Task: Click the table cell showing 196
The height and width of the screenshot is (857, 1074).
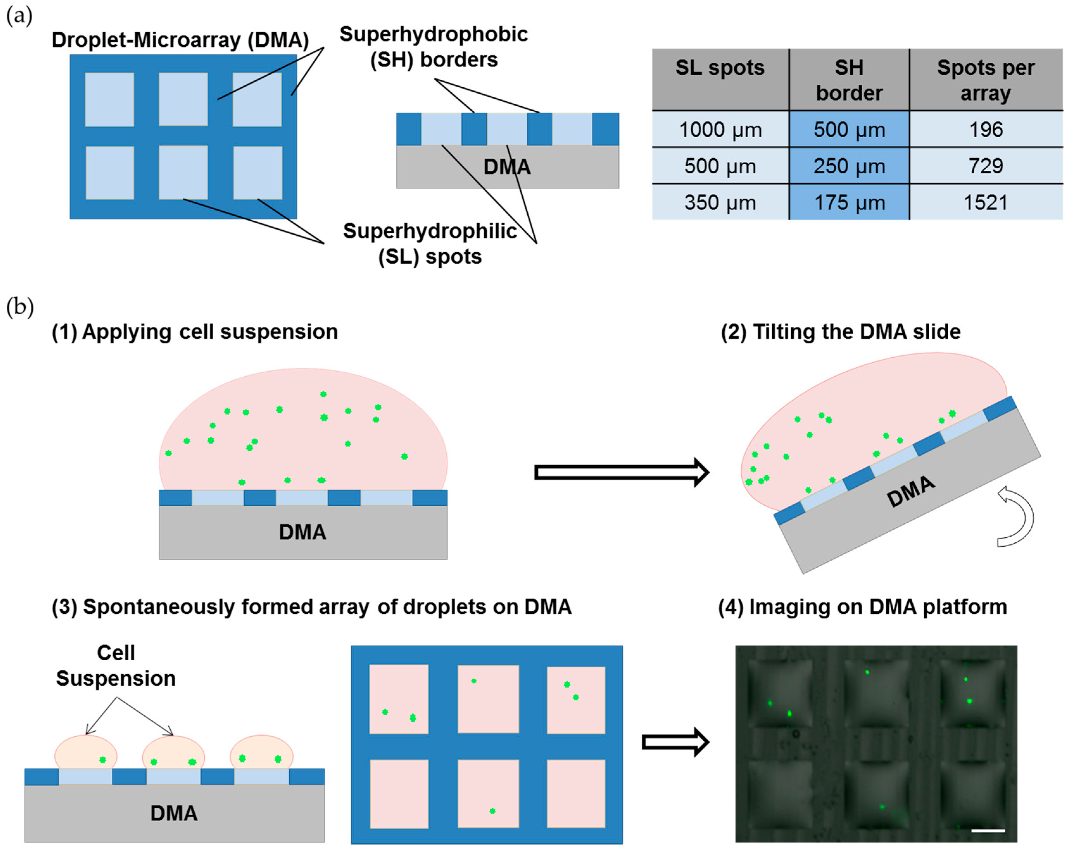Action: tap(985, 129)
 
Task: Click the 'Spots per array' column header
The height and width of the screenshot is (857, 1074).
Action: tap(985, 80)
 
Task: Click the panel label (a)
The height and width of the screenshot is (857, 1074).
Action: tap(19, 16)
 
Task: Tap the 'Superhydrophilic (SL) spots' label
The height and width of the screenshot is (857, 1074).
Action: tap(430, 244)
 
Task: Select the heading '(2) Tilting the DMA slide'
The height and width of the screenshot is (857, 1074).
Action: tap(840, 331)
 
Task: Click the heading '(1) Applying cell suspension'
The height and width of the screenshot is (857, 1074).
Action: tap(195, 331)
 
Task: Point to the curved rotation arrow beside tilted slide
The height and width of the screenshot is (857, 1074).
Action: tap(1016, 517)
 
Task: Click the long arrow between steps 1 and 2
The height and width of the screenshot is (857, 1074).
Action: tap(621, 472)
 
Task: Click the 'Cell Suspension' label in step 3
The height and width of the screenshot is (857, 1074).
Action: tap(116, 665)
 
